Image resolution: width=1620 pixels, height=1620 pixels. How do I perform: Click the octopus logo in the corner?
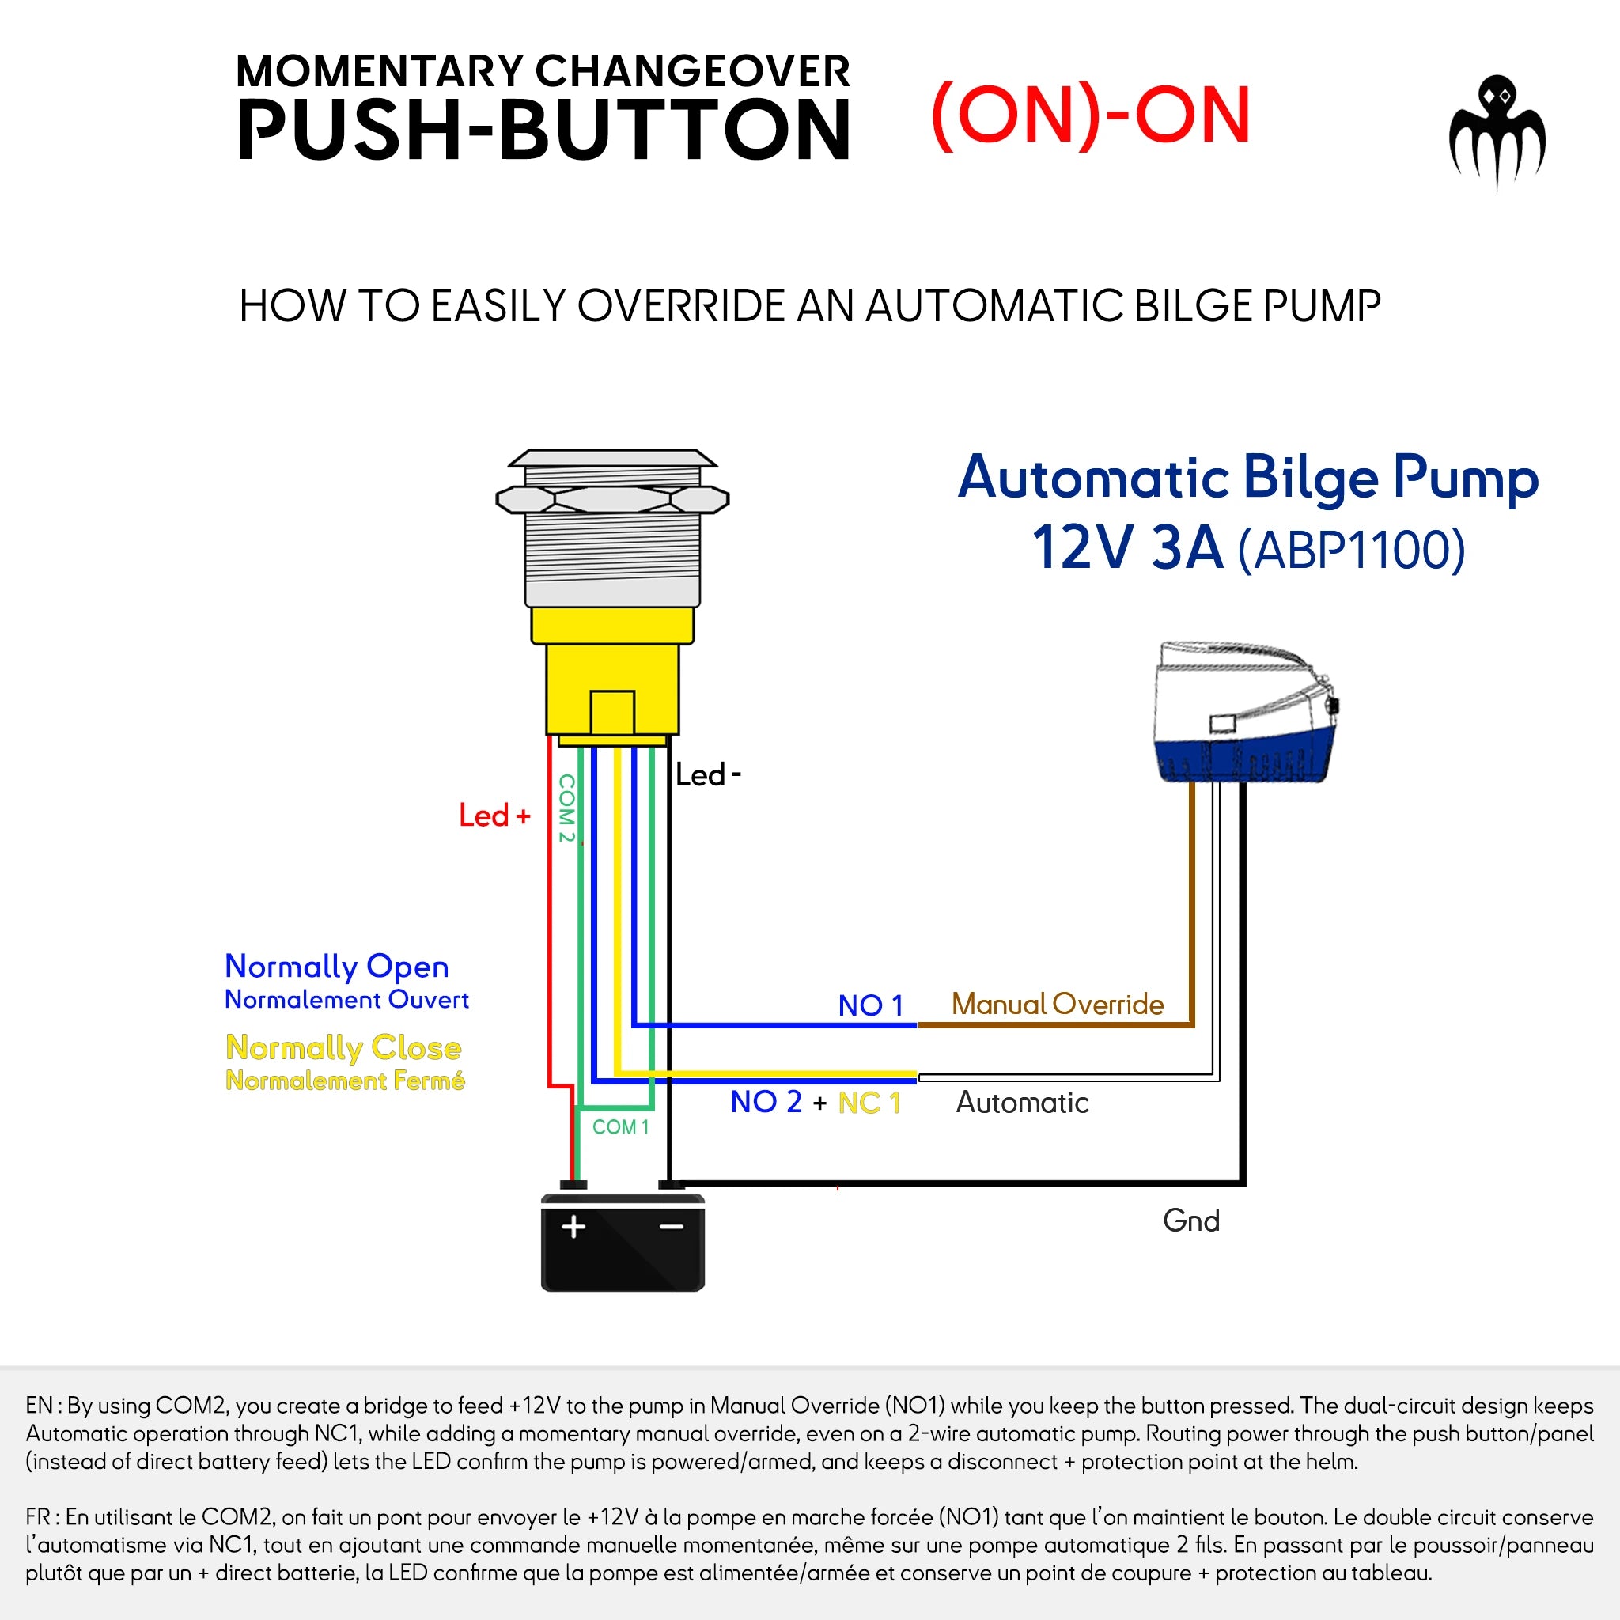1497,131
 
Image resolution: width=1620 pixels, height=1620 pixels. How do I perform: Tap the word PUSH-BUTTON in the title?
543,130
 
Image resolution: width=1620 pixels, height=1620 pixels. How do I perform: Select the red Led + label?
494,816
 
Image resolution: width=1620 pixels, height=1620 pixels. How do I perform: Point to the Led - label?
707,774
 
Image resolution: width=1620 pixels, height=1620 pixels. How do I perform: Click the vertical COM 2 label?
567,808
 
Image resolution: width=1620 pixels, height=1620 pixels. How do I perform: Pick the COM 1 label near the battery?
620,1127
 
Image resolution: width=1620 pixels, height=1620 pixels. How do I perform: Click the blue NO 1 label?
870,1005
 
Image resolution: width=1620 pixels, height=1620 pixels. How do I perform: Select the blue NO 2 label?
766,1102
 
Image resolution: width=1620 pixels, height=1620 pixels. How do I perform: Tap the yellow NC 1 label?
869,1103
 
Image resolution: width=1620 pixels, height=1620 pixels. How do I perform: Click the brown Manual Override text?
1058,1004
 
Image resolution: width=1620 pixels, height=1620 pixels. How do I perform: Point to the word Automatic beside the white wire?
1022,1102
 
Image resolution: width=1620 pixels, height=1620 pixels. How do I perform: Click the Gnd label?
1190,1220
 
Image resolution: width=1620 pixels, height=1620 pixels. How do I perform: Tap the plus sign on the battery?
573,1227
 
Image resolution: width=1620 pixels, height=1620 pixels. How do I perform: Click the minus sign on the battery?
672,1227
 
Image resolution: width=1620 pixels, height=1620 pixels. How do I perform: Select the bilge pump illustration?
1243,713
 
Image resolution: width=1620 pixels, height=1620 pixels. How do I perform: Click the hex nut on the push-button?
612,501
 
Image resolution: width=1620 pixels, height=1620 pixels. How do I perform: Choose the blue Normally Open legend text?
336,966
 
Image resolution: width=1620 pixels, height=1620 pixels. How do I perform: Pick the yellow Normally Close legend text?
344,1047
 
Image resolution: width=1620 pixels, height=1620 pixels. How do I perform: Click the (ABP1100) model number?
1352,550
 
